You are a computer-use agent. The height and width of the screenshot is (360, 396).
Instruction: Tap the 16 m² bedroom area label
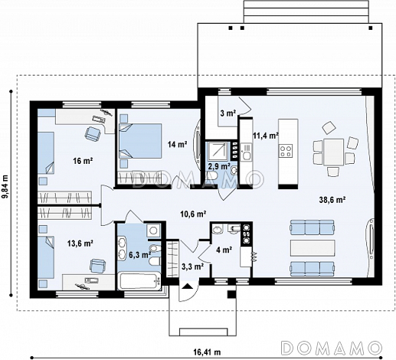[x=83, y=161]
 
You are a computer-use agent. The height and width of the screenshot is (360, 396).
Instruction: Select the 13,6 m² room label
[x=80, y=243]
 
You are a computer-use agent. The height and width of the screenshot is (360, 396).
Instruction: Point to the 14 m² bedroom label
[x=178, y=145]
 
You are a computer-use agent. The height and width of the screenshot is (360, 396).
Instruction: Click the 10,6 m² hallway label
[x=193, y=214]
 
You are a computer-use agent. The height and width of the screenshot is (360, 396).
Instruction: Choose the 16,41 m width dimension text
[x=207, y=352]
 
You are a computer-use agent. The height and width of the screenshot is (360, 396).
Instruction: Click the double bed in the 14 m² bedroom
[x=141, y=140]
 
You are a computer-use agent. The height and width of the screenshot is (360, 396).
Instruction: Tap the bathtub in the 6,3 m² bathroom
[x=139, y=281]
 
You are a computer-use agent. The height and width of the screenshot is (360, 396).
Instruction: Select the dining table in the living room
[x=333, y=152]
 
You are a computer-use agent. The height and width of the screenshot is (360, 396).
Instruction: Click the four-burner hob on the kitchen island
[x=286, y=151]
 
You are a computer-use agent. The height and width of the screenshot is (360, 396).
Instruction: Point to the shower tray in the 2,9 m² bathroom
[x=218, y=152]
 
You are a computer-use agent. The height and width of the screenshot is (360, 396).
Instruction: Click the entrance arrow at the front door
[x=188, y=286]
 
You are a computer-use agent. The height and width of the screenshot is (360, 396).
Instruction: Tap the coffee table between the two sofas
[x=312, y=248]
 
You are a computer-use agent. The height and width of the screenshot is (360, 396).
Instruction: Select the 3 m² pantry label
[x=228, y=113]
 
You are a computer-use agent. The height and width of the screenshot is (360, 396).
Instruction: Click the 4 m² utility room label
[x=224, y=250]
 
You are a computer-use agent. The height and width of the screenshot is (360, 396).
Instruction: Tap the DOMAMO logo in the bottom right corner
[x=332, y=348]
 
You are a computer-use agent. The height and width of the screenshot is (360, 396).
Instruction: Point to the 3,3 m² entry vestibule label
[x=192, y=267]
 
